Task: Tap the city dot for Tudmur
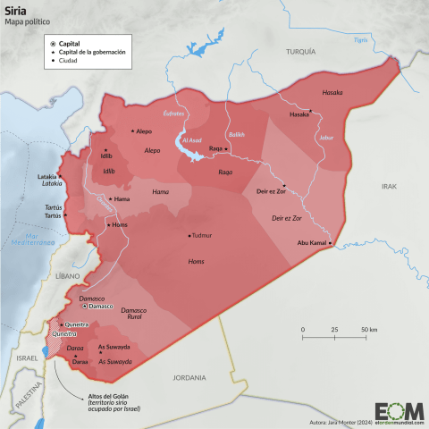coord(189,235)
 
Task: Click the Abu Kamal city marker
coord(331,243)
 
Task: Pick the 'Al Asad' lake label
coord(193,140)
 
